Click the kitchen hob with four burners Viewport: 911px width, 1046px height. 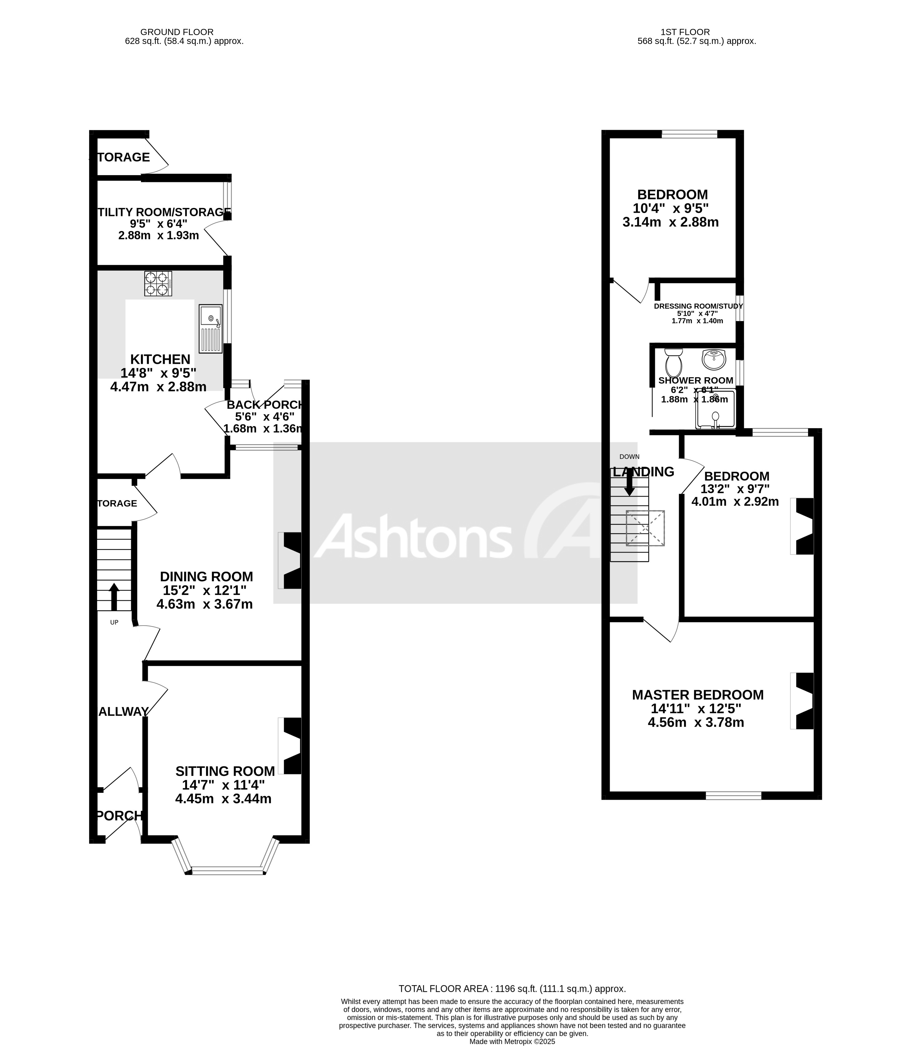tap(158, 284)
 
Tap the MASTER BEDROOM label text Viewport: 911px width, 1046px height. tap(698, 695)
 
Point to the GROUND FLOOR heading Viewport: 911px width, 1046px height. tap(177, 32)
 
